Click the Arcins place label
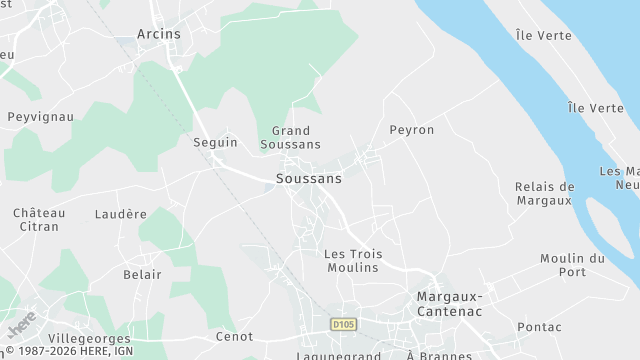pyautogui.click(x=159, y=34)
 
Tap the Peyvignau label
pyautogui.click(x=41, y=117)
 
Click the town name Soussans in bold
pyautogui.click(x=308, y=179)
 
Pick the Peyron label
pyautogui.click(x=412, y=130)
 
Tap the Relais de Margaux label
pyautogui.click(x=544, y=193)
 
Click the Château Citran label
pyautogui.click(x=39, y=220)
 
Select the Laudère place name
pyautogui.click(x=121, y=214)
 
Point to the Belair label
pyautogui.click(x=142, y=273)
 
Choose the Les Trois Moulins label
pyautogui.click(x=351, y=260)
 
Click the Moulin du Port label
pyautogui.click(x=572, y=265)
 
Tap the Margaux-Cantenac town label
pyautogui.click(x=449, y=304)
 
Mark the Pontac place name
pyautogui.click(x=540, y=327)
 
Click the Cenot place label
pyautogui.click(x=234, y=337)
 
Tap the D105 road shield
pyautogui.click(x=345, y=325)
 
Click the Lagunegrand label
pyautogui.click(x=339, y=355)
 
